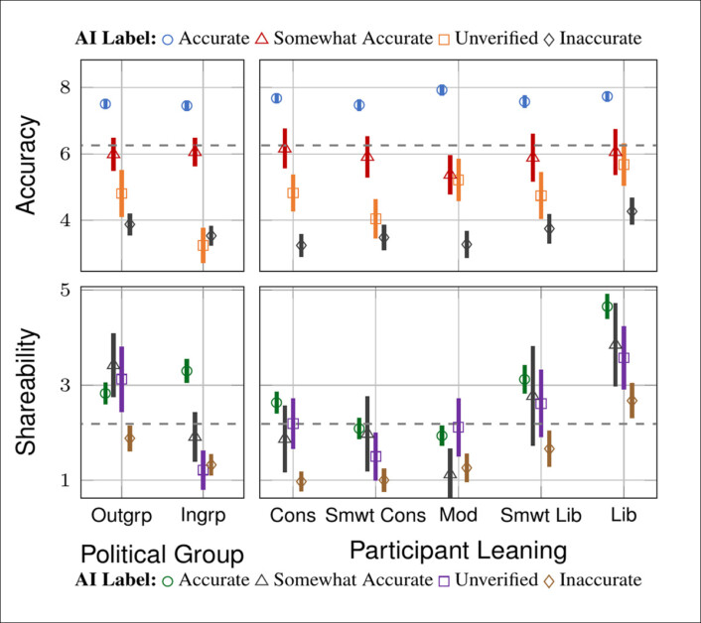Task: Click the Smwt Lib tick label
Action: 539,516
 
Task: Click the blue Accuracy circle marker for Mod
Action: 442,90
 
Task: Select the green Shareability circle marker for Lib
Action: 607,307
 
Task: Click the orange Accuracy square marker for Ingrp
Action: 203,245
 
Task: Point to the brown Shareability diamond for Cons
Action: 301,482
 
